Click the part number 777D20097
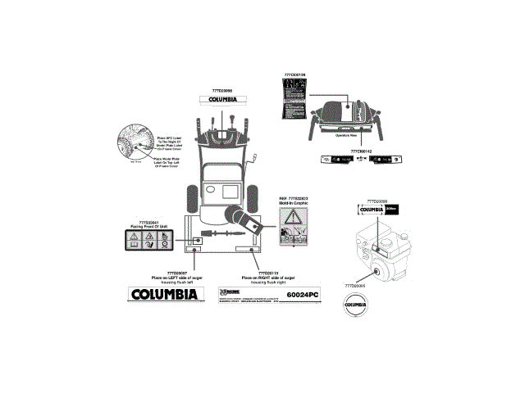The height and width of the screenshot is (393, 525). tap(175, 272)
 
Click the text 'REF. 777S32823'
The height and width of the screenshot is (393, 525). tap(293, 197)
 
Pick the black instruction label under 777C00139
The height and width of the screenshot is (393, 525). tap(294, 102)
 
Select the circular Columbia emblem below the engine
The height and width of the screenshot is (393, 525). tap(353, 305)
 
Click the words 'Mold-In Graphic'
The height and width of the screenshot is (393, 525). tap(293, 203)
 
